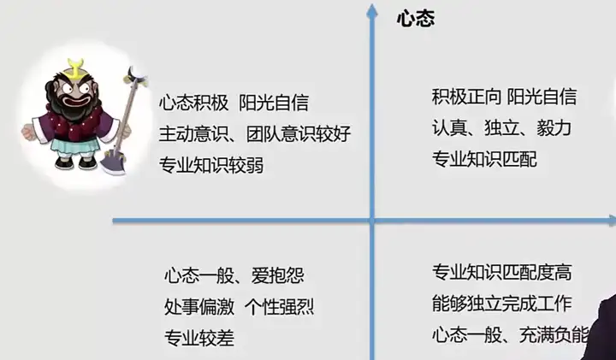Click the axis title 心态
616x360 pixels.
[416, 19]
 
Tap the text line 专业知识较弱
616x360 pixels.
[210, 165]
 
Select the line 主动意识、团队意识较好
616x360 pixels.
[255, 134]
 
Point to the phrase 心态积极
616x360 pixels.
[193, 103]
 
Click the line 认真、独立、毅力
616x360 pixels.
[501, 127]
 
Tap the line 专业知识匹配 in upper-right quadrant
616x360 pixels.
[484, 158]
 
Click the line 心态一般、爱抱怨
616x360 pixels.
[234, 276]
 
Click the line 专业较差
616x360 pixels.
[198, 337]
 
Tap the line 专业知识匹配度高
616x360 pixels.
[501, 273]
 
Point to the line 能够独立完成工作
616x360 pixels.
[501, 304]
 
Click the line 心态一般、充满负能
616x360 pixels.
[511, 334]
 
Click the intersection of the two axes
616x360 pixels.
[372, 221]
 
